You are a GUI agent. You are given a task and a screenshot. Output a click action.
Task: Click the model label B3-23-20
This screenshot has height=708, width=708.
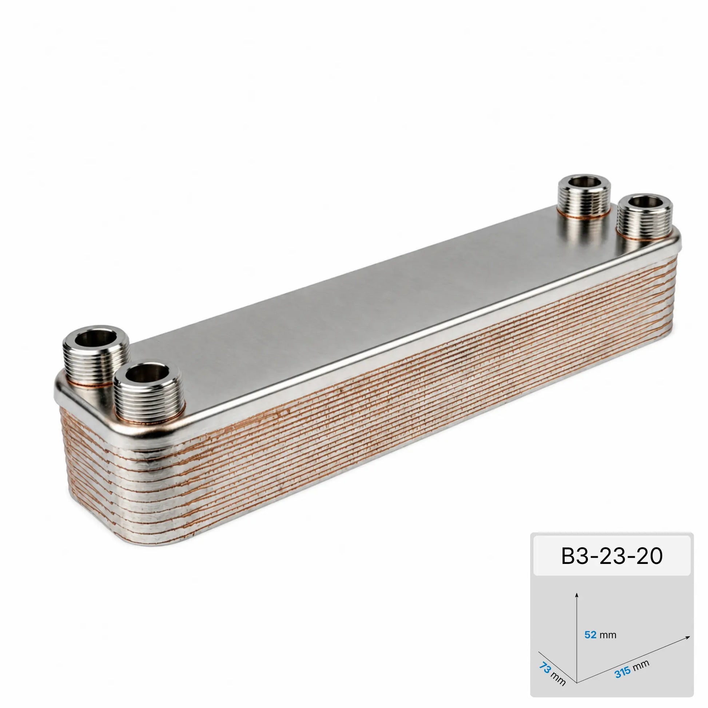pos(612,556)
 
